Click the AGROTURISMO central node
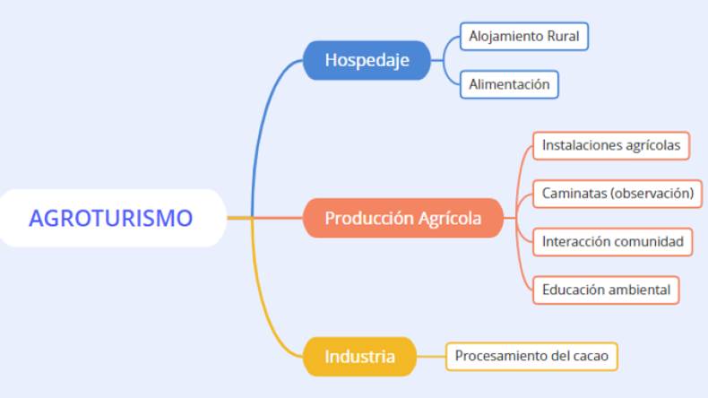(110, 218)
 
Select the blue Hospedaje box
(367, 60)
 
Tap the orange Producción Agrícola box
(402, 218)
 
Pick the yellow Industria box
(359, 356)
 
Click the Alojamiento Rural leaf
(524, 37)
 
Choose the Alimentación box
(509, 85)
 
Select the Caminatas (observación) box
(617, 193)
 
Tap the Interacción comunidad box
(612, 241)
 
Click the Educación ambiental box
(606, 290)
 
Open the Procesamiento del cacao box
(531, 356)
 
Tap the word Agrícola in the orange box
(450, 218)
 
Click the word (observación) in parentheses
(652, 193)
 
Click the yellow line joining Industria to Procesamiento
(431, 356)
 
